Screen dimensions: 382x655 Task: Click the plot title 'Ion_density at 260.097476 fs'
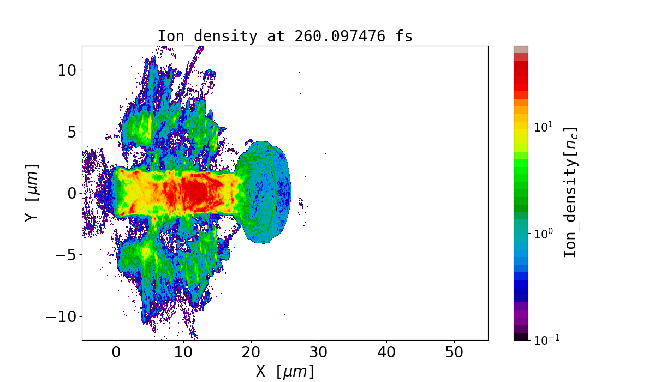(284, 37)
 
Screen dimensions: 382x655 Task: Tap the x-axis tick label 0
(116, 353)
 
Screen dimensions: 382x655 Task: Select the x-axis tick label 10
(183, 353)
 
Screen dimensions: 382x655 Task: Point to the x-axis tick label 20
(251, 353)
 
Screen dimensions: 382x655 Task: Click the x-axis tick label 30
(319, 353)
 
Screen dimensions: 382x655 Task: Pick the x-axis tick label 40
(386, 353)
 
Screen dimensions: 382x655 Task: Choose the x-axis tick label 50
(454, 353)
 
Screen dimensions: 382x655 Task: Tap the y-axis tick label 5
(70, 132)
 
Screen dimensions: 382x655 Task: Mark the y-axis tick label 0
(70, 193)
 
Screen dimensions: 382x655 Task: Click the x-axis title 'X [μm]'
(285, 372)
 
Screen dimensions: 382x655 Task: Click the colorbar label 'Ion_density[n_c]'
(570, 192)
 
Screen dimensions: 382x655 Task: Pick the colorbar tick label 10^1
(544, 127)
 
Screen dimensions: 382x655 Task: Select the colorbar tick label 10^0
(544, 233)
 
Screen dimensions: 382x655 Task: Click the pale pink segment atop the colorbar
(521, 50)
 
